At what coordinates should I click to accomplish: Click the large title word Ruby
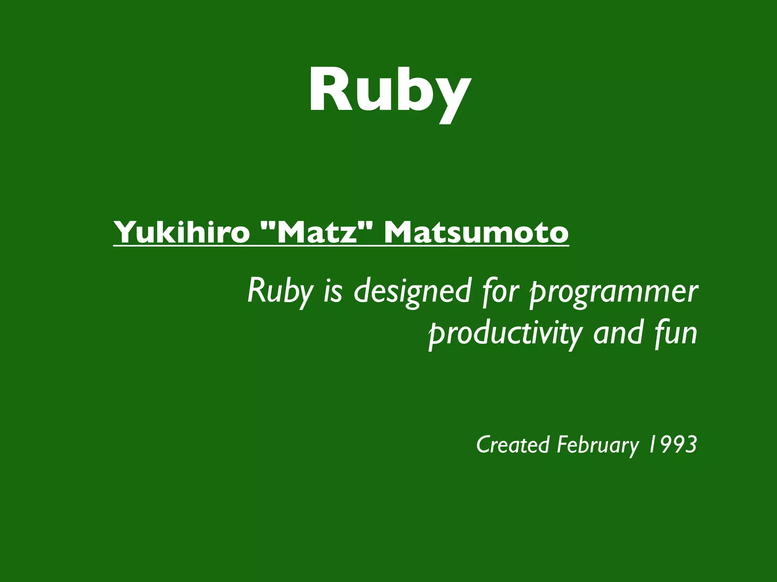(x=390, y=91)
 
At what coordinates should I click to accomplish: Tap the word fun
(x=676, y=333)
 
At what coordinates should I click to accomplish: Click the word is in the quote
(x=333, y=292)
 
